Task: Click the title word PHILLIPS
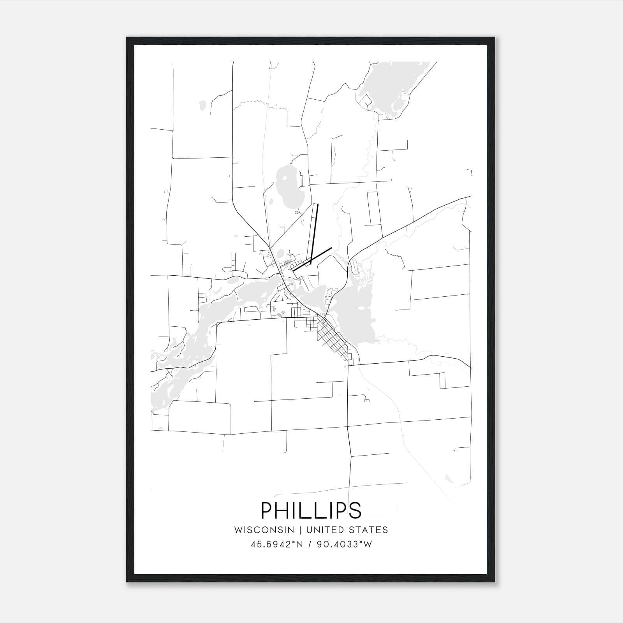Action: coord(311,510)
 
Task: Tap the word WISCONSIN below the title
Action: coord(264,530)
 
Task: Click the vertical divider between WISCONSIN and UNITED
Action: coord(300,530)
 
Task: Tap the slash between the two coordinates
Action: coord(310,544)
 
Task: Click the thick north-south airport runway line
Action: coord(314,234)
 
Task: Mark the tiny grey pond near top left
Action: coord(202,105)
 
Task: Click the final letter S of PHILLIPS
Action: coord(355,510)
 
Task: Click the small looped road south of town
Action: coord(366,400)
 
